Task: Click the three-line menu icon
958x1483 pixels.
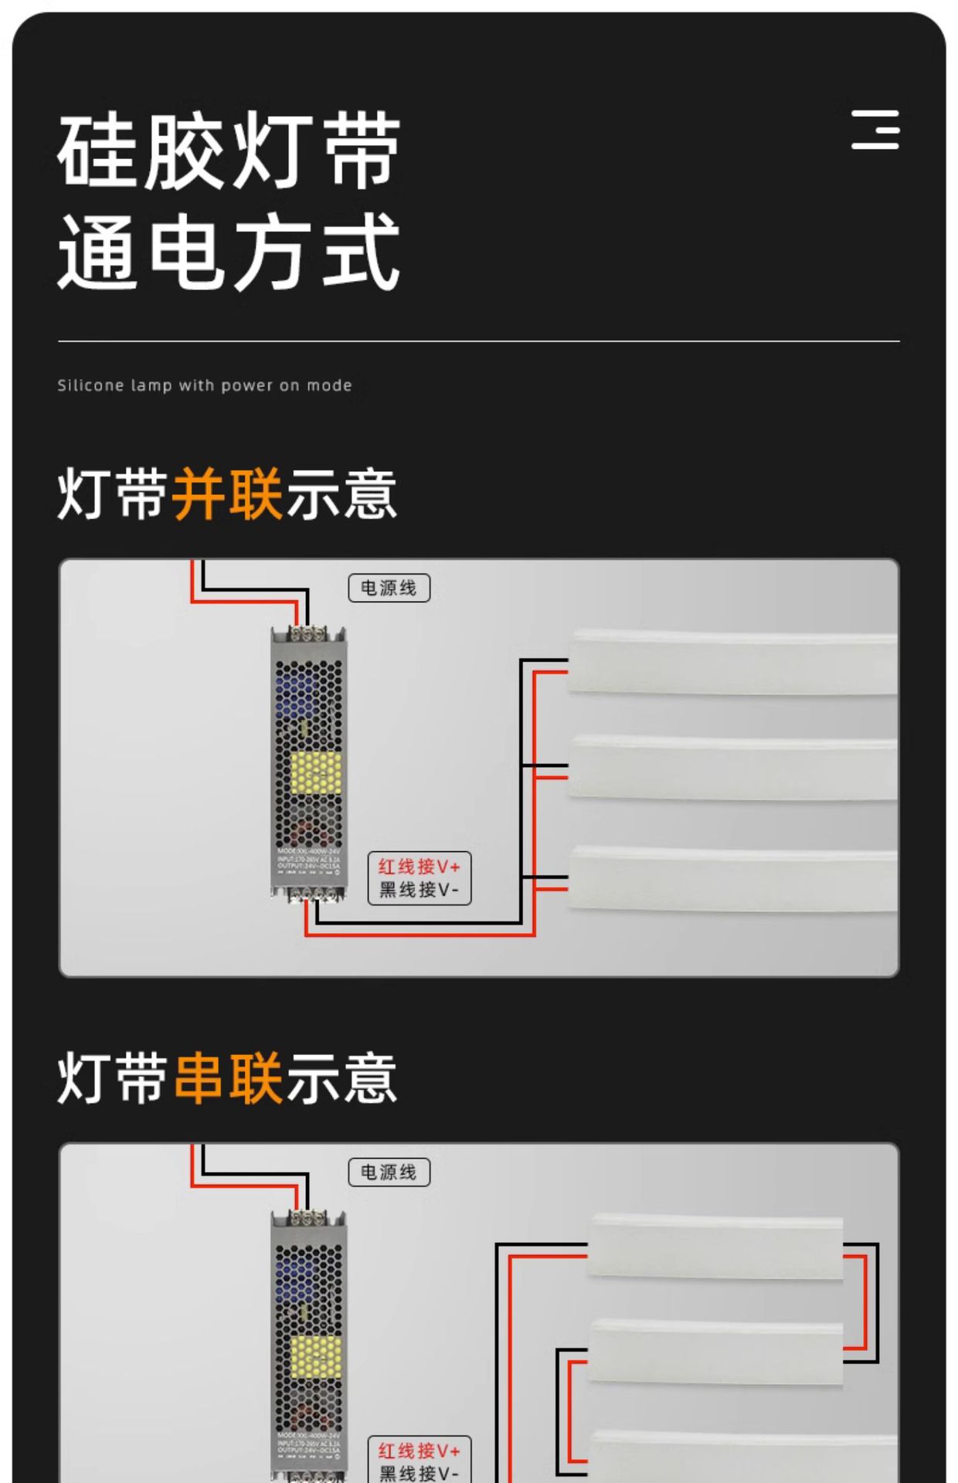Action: pyautogui.click(x=875, y=129)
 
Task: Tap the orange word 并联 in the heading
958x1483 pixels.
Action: pyautogui.click(x=227, y=494)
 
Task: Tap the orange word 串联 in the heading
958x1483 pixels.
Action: pyautogui.click(x=227, y=1078)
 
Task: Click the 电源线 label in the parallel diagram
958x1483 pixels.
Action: pyautogui.click(x=389, y=589)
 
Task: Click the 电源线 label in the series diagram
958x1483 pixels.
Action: pyautogui.click(x=389, y=1172)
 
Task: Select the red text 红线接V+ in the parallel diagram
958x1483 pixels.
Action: pyautogui.click(x=419, y=867)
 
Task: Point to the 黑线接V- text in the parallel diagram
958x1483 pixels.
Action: pyautogui.click(x=419, y=890)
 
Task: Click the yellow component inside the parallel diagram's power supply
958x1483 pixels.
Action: pyautogui.click(x=315, y=772)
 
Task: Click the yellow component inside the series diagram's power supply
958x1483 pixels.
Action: pyautogui.click(x=315, y=1356)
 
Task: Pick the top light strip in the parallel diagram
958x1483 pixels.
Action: pyautogui.click(x=732, y=663)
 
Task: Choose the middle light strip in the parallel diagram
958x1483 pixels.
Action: pyautogui.click(x=732, y=768)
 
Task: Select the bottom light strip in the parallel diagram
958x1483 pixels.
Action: pyautogui.click(x=732, y=879)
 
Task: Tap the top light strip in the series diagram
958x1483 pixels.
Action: pyautogui.click(x=715, y=1247)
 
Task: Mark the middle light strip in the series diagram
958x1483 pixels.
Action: pyautogui.click(x=715, y=1353)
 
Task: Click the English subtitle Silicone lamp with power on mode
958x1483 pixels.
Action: pyautogui.click(x=205, y=385)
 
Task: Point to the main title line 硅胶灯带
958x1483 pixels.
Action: pyautogui.click(x=229, y=151)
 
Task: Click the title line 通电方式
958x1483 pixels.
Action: pyautogui.click(x=229, y=253)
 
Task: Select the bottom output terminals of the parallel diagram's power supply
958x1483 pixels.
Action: pyautogui.click(x=309, y=894)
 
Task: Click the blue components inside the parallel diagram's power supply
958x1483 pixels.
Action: pyautogui.click(x=297, y=691)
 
